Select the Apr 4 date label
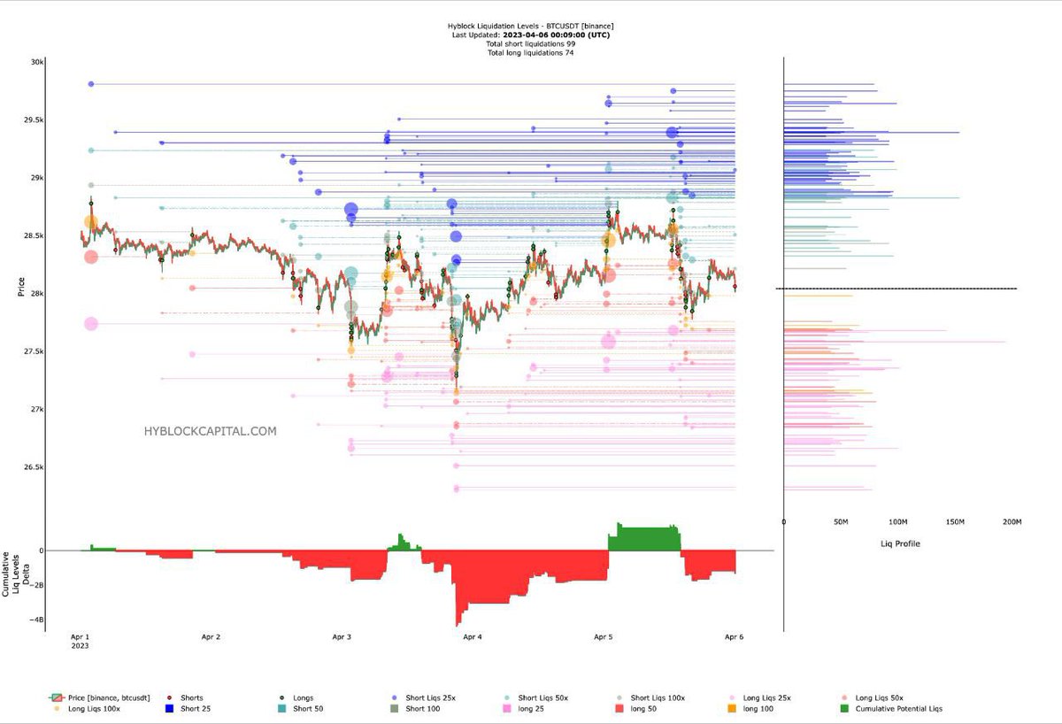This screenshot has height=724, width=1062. point(473,636)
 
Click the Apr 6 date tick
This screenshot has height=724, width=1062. point(733,636)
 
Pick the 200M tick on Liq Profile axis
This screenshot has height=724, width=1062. point(1012,522)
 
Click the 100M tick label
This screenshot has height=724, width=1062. point(897,522)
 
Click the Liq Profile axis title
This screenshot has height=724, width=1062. point(897,543)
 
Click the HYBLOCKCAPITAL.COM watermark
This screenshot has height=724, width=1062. point(210,432)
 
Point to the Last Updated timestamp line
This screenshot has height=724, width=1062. point(531,35)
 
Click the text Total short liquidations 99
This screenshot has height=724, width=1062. point(531,44)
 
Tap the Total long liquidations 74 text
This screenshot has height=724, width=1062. point(531,53)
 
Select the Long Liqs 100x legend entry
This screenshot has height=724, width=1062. point(92,708)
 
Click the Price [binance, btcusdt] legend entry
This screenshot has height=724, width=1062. point(99,697)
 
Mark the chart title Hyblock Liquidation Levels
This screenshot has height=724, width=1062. point(531,27)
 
